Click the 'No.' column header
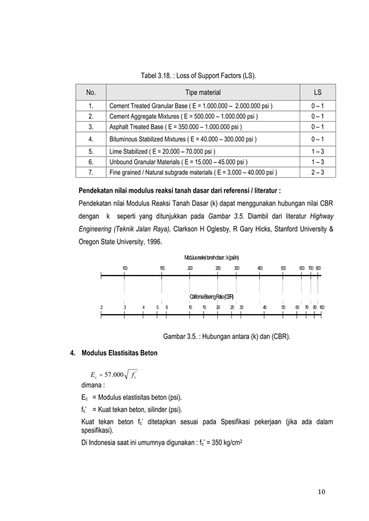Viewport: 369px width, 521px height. [91, 92]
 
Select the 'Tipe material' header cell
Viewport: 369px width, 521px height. [202, 92]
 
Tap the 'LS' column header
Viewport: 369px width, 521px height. [318, 92]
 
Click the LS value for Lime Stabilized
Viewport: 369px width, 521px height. [318, 150]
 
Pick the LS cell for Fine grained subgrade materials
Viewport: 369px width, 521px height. [318, 172]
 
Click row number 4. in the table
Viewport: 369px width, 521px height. [91, 139]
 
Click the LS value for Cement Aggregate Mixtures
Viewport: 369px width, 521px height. [318, 117]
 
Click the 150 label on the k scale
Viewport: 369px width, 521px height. [162, 268]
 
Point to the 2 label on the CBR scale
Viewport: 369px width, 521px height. [102, 307]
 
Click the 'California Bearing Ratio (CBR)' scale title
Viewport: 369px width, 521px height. [212, 297]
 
